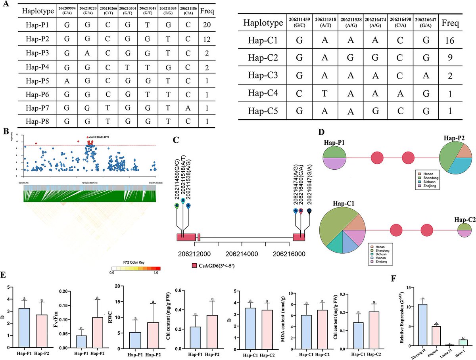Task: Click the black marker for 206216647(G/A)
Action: [309, 211]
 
